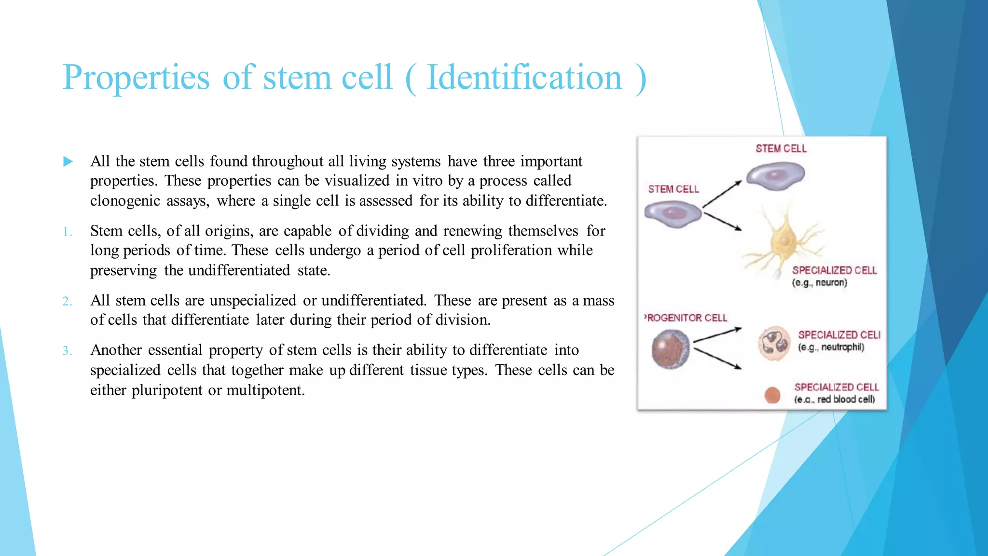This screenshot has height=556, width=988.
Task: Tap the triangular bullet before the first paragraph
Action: pyautogui.click(x=68, y=162)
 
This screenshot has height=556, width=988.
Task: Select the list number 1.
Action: pyautogui.click(x=67, y=232)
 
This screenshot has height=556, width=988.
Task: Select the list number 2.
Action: pyautogui.click(x=67, y=302)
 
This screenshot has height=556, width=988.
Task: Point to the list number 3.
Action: pyautogui.click(x=67, y=351)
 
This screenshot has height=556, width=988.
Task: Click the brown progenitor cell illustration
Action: pyautogui.click(x=670, y=349)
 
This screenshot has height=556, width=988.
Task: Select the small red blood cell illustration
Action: pyautogui.click(x=772, y=395)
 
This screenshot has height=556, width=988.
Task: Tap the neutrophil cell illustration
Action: pyautogui.click(x=774, y=344)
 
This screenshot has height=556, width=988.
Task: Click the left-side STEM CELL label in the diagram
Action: pyautogui.click(x=673, y=189)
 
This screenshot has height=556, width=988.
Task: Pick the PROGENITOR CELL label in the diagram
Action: pyautogui.click(x=686, y=318)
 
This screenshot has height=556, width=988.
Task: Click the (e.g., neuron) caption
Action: pyautogui.click(x=819, y=283)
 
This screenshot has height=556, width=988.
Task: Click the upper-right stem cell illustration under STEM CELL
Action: pyautogui.click(x=776, y=176)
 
